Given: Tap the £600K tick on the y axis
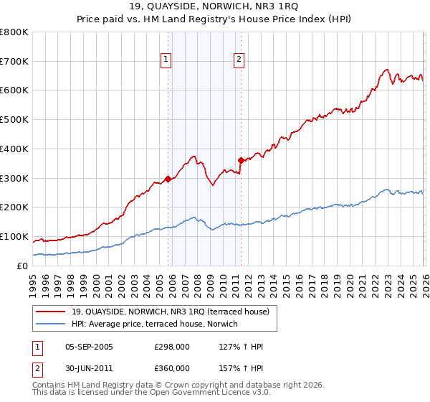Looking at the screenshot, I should (x=14, y=90).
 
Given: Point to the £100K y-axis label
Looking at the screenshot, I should (x=14, y=236).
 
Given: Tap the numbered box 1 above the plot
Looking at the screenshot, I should (x=166, y=60).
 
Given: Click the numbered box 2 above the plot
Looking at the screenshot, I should (x=239, y=60).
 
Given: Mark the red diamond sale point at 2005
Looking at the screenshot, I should (x=168, y=179).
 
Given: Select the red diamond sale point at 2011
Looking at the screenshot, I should (x=241, y=161).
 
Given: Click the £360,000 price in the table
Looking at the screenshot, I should (x=172, y=368).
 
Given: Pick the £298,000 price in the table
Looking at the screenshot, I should (x=172, y=347).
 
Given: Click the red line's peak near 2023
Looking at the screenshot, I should (x=386, y=70).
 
